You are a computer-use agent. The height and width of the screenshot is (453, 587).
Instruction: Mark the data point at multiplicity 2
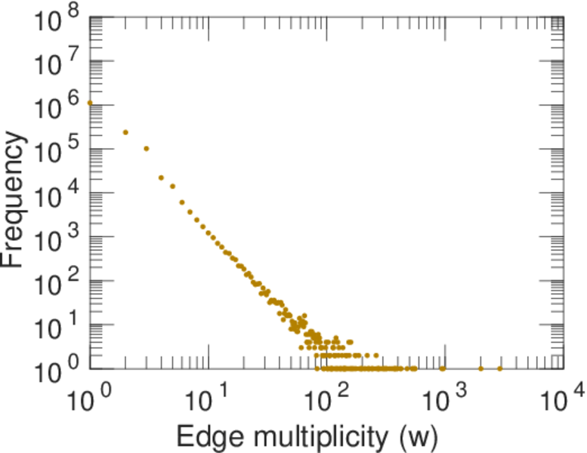(125, 132)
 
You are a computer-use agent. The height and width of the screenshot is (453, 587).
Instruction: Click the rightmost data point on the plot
(500, 368)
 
